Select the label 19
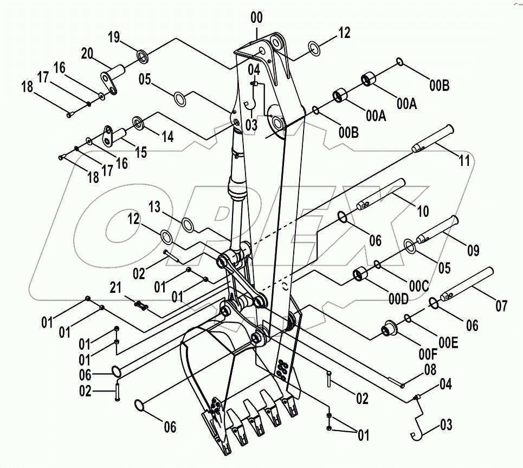click(x=114, y=37)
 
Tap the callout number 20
click(x=88, y=53)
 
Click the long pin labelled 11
click(x=433, y=138)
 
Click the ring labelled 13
click(x=186, y=225)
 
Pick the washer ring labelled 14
click(x=137, y=123)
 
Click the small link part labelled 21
click(x=142, y=306)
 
